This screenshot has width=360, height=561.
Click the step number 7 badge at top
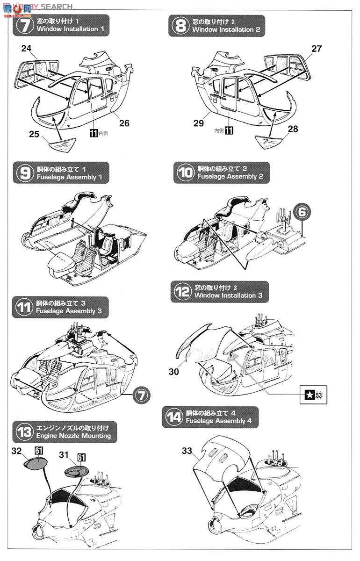click(x=24, y=25)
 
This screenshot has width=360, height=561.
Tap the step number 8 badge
click(x=180, y=25)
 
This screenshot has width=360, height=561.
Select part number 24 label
click(x=26, y=48)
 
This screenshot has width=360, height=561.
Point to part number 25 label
click(x=33, y=134)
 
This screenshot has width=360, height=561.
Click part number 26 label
click(x=124, y=123)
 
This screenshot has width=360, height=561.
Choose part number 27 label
click(x=317, y=48)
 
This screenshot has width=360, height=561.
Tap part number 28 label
click(x=293, y=129)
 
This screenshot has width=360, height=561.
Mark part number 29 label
click(x=198, y=123)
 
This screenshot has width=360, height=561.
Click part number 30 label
click(x=174, y=372)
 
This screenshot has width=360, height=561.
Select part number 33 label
click(x=187, y=451)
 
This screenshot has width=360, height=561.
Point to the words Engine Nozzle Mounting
click(x=73, y=436)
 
